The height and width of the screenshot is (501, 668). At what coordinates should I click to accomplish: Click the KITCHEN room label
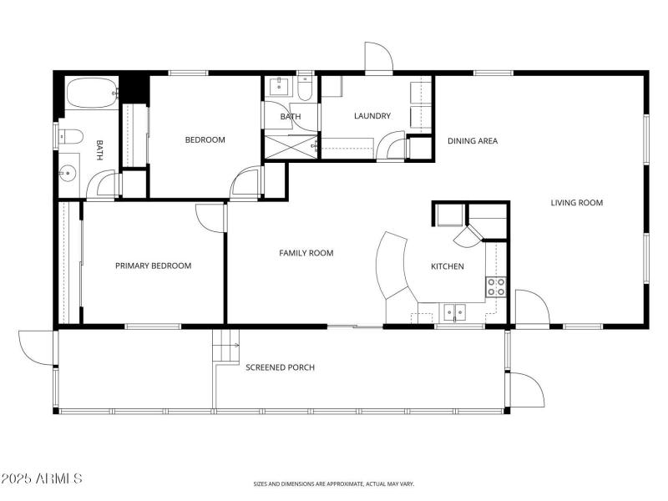(x=447, y=266)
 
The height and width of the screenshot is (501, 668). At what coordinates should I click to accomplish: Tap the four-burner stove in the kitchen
(x=496, y=287)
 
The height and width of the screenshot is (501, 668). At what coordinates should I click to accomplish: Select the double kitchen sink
(x=454, y=312)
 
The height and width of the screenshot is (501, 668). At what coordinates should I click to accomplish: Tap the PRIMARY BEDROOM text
(x=153, y=266)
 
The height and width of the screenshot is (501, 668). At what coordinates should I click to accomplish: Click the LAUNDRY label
(x=372, y=116)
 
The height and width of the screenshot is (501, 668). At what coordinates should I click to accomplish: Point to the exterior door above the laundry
(x=378, y=58)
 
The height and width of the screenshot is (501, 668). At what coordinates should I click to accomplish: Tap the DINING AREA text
(x=473, y=141)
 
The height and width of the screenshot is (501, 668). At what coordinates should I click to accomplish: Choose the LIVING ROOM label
(x=576, y=203)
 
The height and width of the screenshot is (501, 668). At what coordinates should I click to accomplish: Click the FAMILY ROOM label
(x=306, y=253)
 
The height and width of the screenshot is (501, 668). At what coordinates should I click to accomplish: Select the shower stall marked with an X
(x=290, y=147)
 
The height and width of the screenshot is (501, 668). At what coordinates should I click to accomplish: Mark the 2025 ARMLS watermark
(x=42, y=478)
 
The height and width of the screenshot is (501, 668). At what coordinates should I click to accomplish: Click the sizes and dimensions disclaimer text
(x=334, y=483)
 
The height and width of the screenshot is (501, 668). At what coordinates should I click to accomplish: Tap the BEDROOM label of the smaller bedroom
(x=205, y=140)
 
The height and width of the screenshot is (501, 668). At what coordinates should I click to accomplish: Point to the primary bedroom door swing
(x=209, y=215)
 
